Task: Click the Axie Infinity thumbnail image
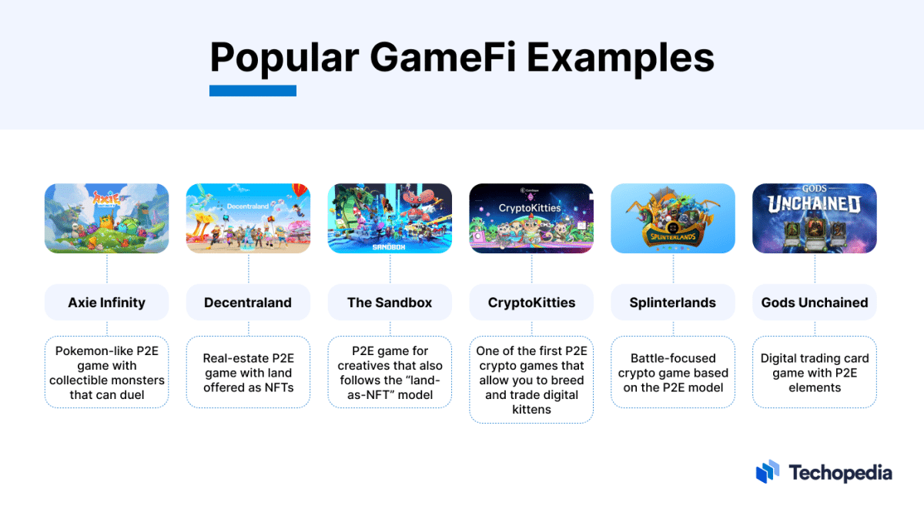(106, 219)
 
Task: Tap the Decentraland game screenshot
(248, 219)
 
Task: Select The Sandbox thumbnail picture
(390, 219)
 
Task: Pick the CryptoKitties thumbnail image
(531, 219)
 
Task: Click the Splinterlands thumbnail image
(673, 219)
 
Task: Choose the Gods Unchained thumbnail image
(815, 219)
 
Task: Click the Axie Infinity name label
(106, 303)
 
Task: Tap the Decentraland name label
(248, 303)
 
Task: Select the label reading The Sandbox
(390, 303)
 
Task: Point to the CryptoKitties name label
(531, 303)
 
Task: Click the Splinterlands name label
(673, 303)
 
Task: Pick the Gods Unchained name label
(815, 303)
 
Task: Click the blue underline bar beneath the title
(253, 91)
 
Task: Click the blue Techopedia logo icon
(768, 472)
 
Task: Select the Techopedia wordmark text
(840, 472)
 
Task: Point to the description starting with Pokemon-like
(106, 373)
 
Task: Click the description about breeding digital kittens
(531, 380)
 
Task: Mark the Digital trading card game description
(815, 373)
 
